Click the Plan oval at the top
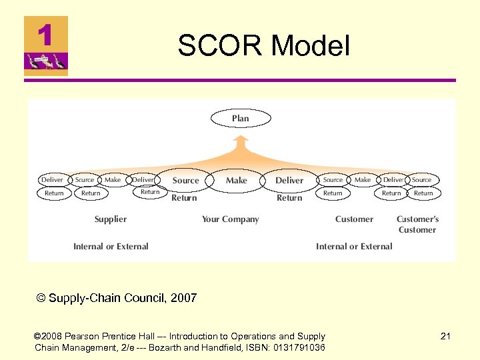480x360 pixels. (241, 119)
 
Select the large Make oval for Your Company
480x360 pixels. (236, 180)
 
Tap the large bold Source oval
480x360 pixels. (185, 180)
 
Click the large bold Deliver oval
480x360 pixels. (289, 180)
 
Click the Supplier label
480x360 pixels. (111, 219)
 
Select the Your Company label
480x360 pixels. (230, 219)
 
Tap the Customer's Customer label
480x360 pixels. (417, 224)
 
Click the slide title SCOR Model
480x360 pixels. (263, 46)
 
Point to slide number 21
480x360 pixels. (445, 337)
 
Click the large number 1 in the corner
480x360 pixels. (45, 35)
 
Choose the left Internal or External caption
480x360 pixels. (111, 246)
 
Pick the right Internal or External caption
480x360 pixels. (354, 246)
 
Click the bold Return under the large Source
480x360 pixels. (184, 198)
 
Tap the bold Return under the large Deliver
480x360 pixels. (289, 198)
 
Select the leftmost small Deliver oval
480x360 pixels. (52, 180)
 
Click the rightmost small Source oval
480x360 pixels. (421, 180)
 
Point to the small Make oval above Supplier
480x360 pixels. (113, 180)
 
